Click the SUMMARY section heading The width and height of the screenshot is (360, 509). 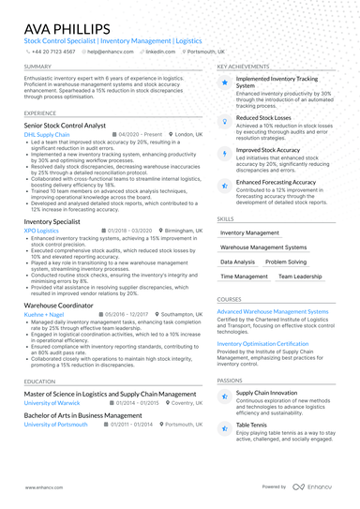[x=38, y=67]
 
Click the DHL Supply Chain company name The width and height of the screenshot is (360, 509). [x=47, y=134]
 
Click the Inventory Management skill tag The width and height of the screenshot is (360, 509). [x=249, y=232]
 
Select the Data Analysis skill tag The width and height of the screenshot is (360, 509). [x=237, y=262]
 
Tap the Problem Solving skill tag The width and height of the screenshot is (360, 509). [x=285, y=262]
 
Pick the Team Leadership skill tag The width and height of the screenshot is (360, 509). [x=300, y=277]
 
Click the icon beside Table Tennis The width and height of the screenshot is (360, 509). [x=224, y=428]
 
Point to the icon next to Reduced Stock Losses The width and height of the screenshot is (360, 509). [x=224, y=119]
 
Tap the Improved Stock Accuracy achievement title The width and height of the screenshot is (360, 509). [x=268, y=149]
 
